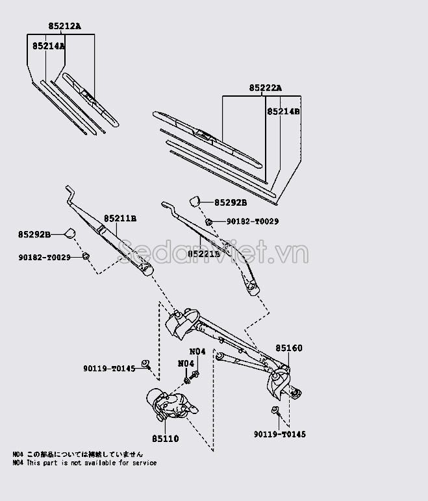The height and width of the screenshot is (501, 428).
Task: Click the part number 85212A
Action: point(64,27)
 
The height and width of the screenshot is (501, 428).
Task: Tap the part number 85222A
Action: point(265,88)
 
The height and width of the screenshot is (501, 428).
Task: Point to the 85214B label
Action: point(283,111)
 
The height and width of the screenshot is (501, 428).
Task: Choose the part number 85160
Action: point(288,348)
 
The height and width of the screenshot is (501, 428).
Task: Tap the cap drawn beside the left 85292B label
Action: point(68,233)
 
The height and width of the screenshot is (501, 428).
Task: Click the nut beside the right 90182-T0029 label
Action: point(208,222)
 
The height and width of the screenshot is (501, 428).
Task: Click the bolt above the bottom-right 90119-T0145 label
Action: point(275,409)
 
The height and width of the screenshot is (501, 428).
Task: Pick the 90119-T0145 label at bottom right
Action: point(279,434)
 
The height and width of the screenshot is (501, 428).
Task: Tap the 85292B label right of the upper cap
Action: point(231,203)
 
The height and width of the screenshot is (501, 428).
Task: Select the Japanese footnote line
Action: point(78,454)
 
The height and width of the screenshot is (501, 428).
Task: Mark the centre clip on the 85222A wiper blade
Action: point(205,136)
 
